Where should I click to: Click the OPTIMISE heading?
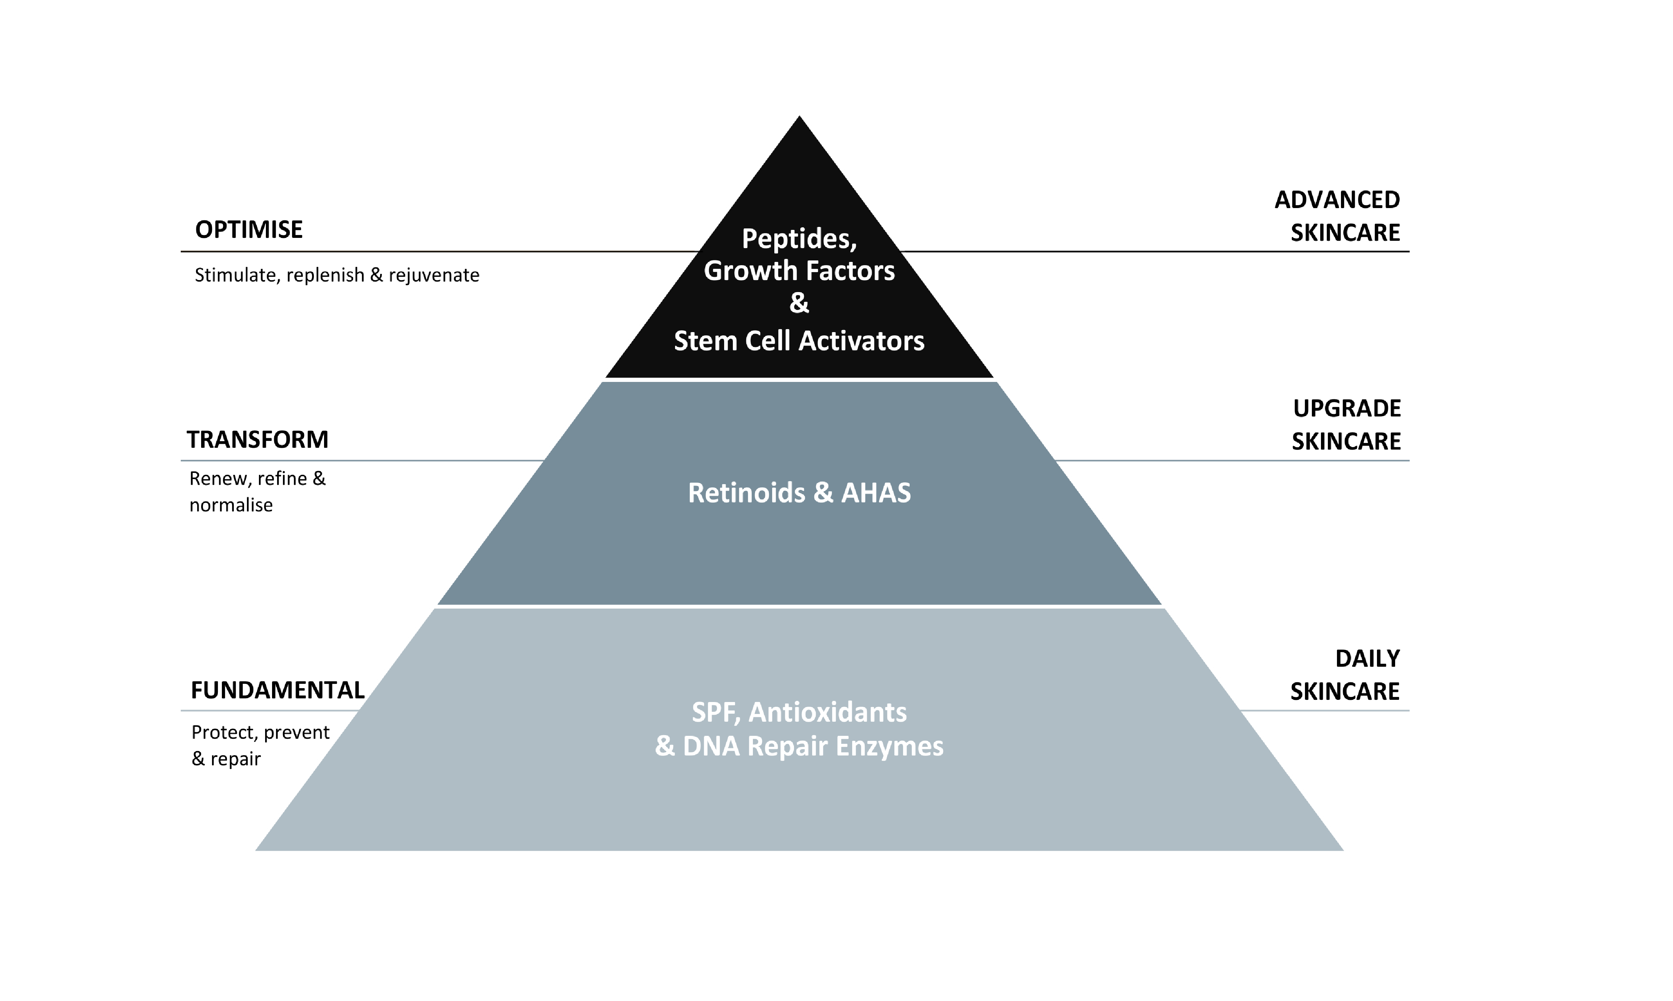(249, 230)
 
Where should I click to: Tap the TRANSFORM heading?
(257, 440)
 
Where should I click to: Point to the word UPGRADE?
(1347, 409)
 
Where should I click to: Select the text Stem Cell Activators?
(799, 341)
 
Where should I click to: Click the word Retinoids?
(746, 493)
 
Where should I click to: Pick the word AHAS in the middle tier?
(876, 493)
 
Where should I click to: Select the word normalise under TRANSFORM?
(231, 505)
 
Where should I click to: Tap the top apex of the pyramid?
(799, 119)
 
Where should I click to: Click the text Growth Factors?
(799, 271)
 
